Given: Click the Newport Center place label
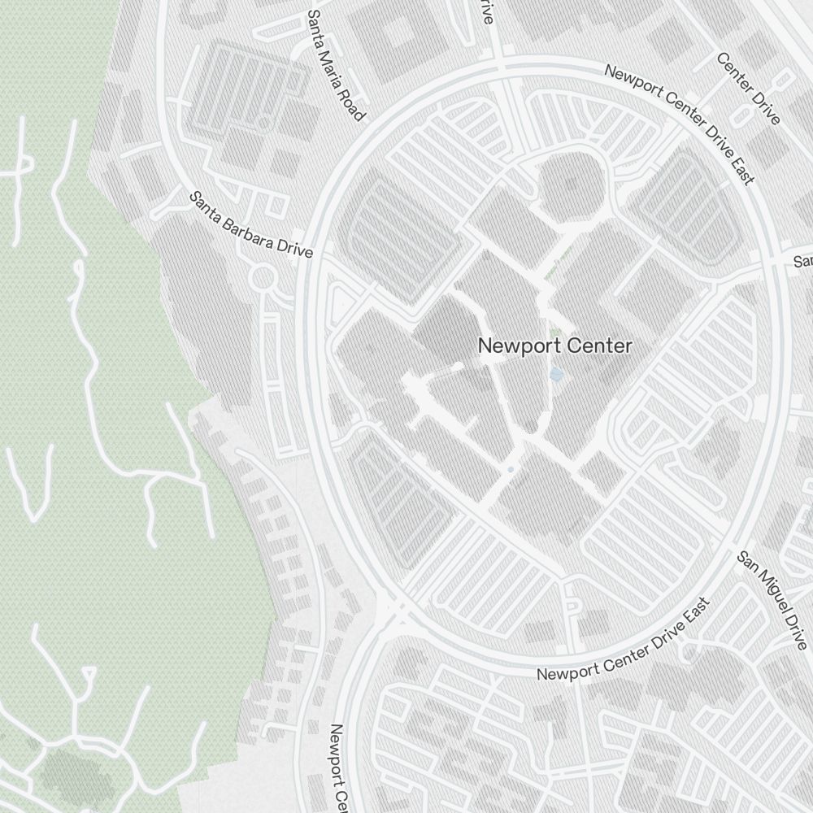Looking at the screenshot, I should [x=554, y=346].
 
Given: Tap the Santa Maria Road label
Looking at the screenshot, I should [x=335, y=66].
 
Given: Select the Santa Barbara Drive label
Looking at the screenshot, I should [x=251, y=225].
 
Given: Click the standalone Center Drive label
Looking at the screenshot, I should [x=749, y=89].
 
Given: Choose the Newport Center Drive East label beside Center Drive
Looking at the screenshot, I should [x=680, y=122].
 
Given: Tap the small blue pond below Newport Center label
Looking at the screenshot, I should [x=556, y=374].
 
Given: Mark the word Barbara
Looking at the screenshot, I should [x=250, y=224].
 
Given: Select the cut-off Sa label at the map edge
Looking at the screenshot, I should [x=803, y=262].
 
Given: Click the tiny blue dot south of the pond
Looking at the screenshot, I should [x=511, y=470].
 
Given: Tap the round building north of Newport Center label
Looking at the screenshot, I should [x=572, y=183].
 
